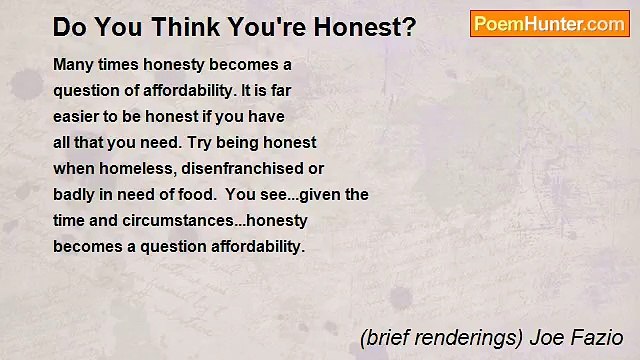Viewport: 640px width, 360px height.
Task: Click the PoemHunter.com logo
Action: coord(549,24)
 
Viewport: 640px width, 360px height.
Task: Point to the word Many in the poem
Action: coord(72,64)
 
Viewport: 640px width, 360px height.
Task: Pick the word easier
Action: coord(76,116)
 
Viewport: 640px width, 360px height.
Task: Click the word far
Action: coord(277,90)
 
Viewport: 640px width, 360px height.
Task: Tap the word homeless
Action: coord(130,168)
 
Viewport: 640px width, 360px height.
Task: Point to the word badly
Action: coord(73,194)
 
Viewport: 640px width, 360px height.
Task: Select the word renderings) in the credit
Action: coord(466,337)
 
